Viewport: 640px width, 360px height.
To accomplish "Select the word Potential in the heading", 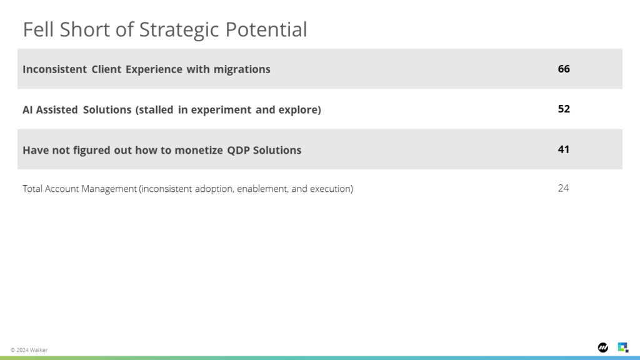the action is coord(266,29).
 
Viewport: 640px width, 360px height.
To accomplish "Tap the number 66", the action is coord(564,69).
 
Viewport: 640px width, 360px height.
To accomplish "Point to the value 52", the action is coord(564,109).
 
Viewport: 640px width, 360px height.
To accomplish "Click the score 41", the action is coord(564,149).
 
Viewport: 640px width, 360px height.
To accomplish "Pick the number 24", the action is coord(563,188).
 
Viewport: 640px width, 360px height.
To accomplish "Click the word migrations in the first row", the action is coord(242,69).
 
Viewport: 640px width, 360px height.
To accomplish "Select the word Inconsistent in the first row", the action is coord(55,69).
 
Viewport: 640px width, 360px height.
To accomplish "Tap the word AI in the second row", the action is coord(27,110).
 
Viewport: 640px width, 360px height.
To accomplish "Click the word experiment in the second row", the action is coord(221,110).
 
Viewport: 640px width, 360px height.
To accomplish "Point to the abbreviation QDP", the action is coord(237,150).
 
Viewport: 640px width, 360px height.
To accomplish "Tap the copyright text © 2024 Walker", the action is coord(29,350).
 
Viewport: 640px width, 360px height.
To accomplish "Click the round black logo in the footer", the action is coord(603,347).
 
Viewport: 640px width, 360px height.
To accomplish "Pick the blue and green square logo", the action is coord(623,347).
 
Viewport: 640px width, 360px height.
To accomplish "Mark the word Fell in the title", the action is coord(38,29).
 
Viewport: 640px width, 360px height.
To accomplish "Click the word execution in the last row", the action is coord(331,189).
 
